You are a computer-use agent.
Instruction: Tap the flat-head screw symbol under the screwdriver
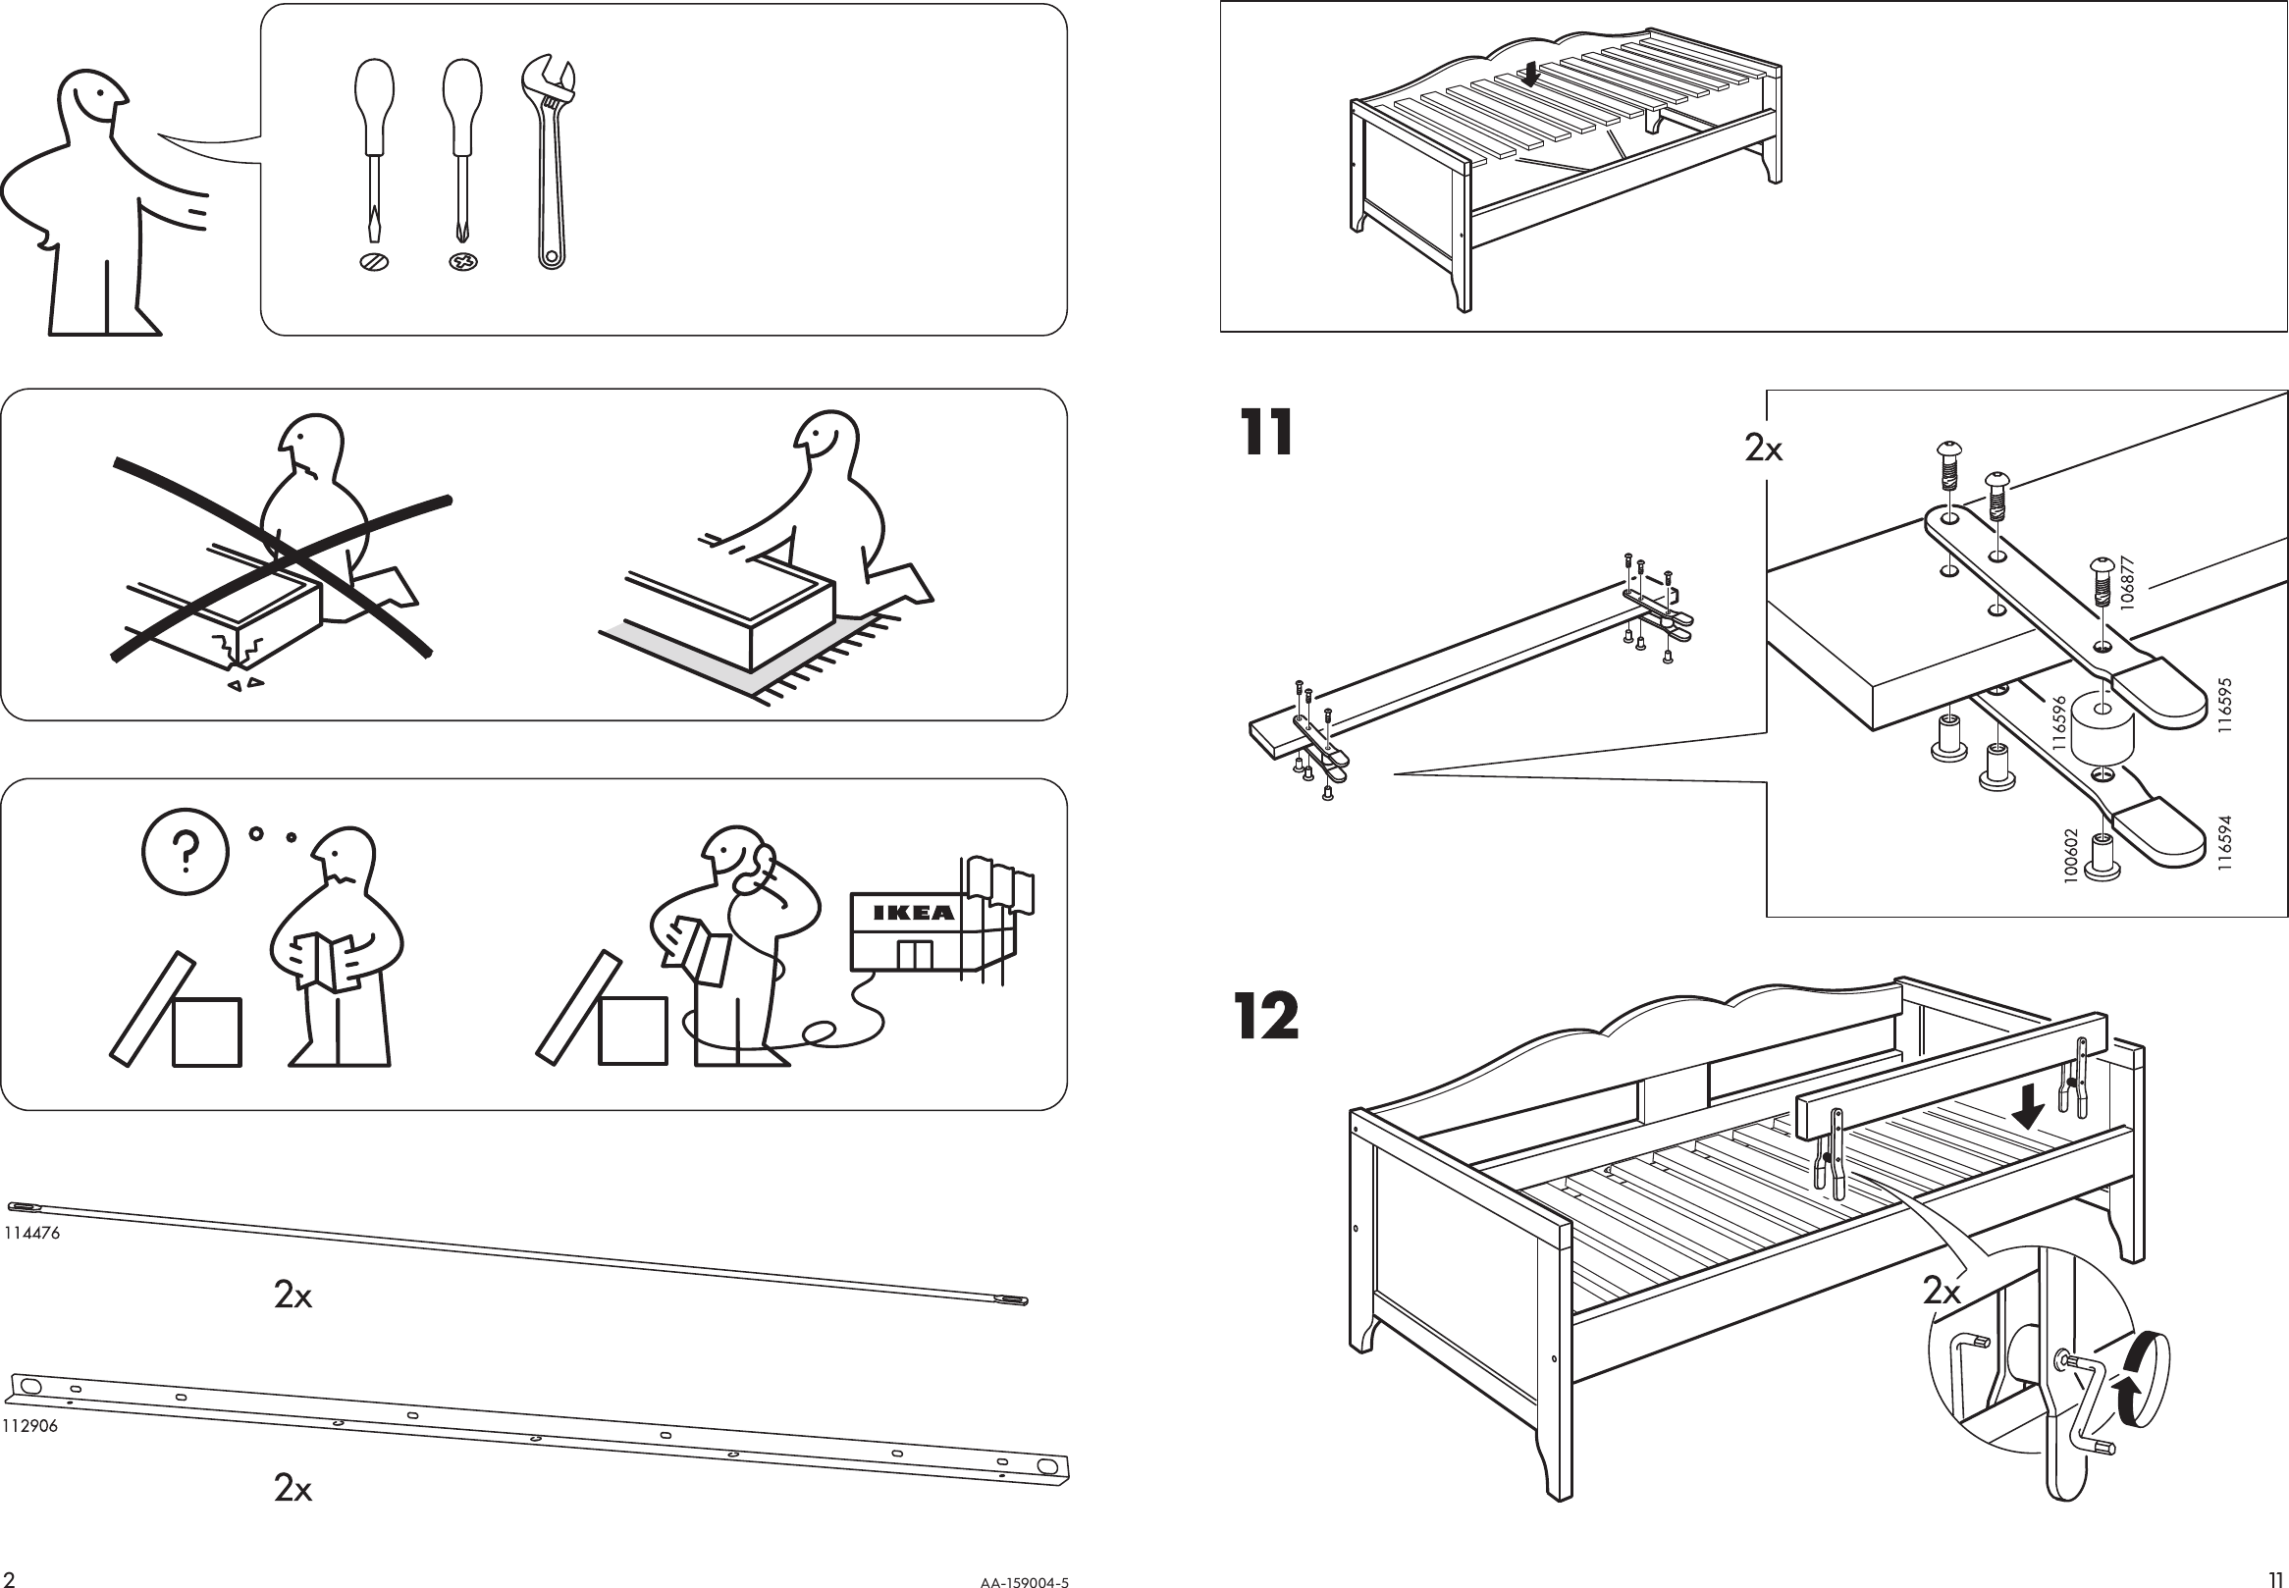[374, 263]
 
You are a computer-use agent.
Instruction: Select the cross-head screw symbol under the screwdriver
[462, 263]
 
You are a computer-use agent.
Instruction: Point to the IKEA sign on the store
[913, 913]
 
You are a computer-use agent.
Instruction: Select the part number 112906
[29, 1426]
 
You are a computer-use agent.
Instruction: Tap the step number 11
[1266, 434]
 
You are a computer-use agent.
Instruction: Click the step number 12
[1266, 1016]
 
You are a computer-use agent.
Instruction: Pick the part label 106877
[2128, 583]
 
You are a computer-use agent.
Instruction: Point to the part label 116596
[2059, 723]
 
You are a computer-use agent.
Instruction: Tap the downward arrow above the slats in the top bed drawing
[1531, 73]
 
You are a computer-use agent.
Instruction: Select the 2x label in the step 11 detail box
[1764, 450]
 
